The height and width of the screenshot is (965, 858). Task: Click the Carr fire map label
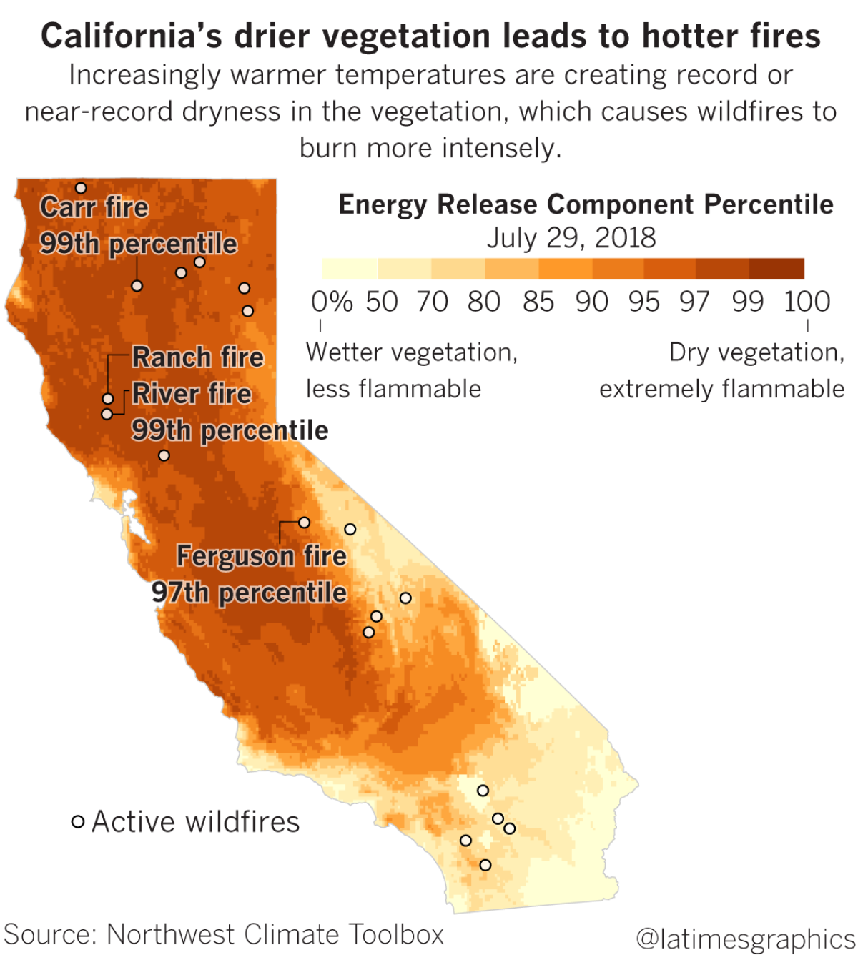tap(94, 207)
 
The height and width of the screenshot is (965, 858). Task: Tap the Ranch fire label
tap(198, 357)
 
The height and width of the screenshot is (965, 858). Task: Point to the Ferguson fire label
tap(262, 555)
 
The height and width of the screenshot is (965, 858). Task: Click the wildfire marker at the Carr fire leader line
tap(137, 286)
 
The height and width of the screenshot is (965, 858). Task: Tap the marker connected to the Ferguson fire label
tap(304, 523)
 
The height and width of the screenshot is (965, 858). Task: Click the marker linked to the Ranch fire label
tap(108, 398)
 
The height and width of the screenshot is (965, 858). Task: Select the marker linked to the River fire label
tap(107, 414)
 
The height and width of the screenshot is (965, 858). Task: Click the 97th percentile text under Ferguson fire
tap(249, 593)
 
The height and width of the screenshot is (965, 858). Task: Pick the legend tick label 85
tap(538, 302)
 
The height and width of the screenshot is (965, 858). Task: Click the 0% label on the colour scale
tap(332, 302)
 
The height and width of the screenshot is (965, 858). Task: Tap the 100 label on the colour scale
tap(807, 302)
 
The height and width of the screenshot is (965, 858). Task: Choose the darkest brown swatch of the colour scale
tap(776, 268)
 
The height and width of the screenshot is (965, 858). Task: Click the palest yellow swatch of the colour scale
tap(350, 268)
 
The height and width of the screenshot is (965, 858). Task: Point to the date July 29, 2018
tap(571, 237)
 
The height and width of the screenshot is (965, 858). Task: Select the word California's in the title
tap(132, 36)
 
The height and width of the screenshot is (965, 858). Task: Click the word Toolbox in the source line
tap(396, 934)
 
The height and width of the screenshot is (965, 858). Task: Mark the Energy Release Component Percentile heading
tap(586, 204)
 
